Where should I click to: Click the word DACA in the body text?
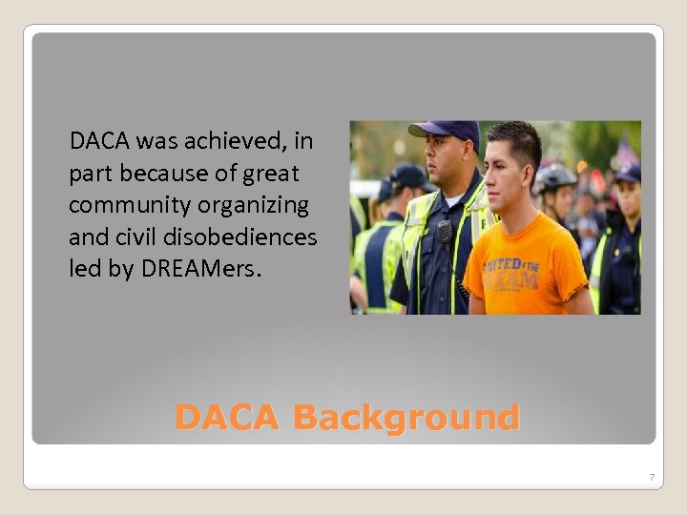(x=100, y=143)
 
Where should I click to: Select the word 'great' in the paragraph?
(x=271, y=175)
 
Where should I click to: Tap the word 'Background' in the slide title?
(x=406, y=418)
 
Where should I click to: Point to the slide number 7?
(x=651, y=476)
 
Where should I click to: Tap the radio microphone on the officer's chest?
(x=444, y=232)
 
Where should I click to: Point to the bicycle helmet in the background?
(x=555, y=176)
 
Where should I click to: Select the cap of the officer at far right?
(x=629, y=174)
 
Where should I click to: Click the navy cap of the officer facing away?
(x=407, y=177)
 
